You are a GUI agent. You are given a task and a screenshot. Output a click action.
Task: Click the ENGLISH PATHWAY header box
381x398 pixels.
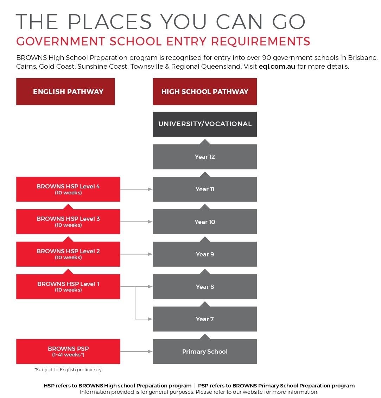point(65,92)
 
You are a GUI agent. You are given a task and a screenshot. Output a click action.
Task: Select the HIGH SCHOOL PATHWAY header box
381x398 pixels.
point(205,92)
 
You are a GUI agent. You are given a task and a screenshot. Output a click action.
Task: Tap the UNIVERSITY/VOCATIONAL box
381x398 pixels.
point(205,124)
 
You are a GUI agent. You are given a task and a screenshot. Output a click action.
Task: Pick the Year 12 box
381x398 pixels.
point(205,157)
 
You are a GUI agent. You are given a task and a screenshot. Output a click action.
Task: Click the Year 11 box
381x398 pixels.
point(205,189)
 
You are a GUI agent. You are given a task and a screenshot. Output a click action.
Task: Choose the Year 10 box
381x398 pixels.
point(205,222)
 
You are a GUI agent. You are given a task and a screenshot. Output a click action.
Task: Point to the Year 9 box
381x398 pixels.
point(205,254)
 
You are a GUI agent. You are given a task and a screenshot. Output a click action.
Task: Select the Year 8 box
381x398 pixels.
point(205,287)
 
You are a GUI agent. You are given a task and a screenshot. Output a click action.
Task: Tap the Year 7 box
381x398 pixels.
point(205,319)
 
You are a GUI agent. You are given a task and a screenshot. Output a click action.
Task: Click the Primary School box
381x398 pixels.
point(205,352)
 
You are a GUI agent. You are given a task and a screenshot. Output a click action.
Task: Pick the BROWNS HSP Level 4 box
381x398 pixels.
point(68,189)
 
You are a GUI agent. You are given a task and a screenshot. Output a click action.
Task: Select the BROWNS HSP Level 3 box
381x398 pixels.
point(68,222)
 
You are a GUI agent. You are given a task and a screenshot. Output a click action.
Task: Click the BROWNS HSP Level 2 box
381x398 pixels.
point(68,254)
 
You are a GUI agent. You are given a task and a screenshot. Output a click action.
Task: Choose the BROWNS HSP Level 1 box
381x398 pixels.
point(68,287)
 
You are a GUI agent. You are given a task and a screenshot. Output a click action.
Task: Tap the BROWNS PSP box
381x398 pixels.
point(68,352)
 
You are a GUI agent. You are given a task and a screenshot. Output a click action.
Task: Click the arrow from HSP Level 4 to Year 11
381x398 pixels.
point(136,189)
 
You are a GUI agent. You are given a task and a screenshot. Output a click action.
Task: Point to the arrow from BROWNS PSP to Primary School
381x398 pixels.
point(136,352)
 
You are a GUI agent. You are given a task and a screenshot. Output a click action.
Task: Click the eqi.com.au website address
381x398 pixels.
point(277,67)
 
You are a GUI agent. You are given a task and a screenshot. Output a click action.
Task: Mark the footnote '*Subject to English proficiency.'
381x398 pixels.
point(68,370)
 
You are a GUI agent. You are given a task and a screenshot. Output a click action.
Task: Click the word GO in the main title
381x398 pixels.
point(288,22)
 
